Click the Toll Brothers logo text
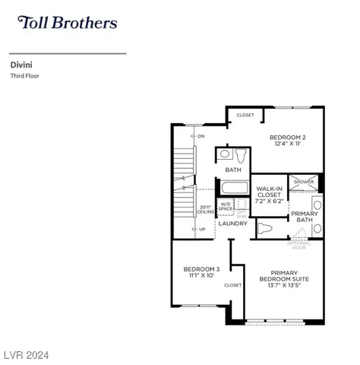tap(67, 23)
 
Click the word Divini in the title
tap(21, 66)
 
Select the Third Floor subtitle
tap(24, 76)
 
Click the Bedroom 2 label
tap(287, 138)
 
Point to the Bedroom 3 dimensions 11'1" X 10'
tap(201, 275)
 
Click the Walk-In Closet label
tap(270, 195)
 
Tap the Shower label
tap(304, 182)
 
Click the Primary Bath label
tap(304, 217)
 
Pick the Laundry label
tap(232, 224)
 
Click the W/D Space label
tap(226, 206)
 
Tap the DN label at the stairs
tap(201, 137)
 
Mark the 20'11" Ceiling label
tap(205, 209)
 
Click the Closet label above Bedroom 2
tap(245, 115)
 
